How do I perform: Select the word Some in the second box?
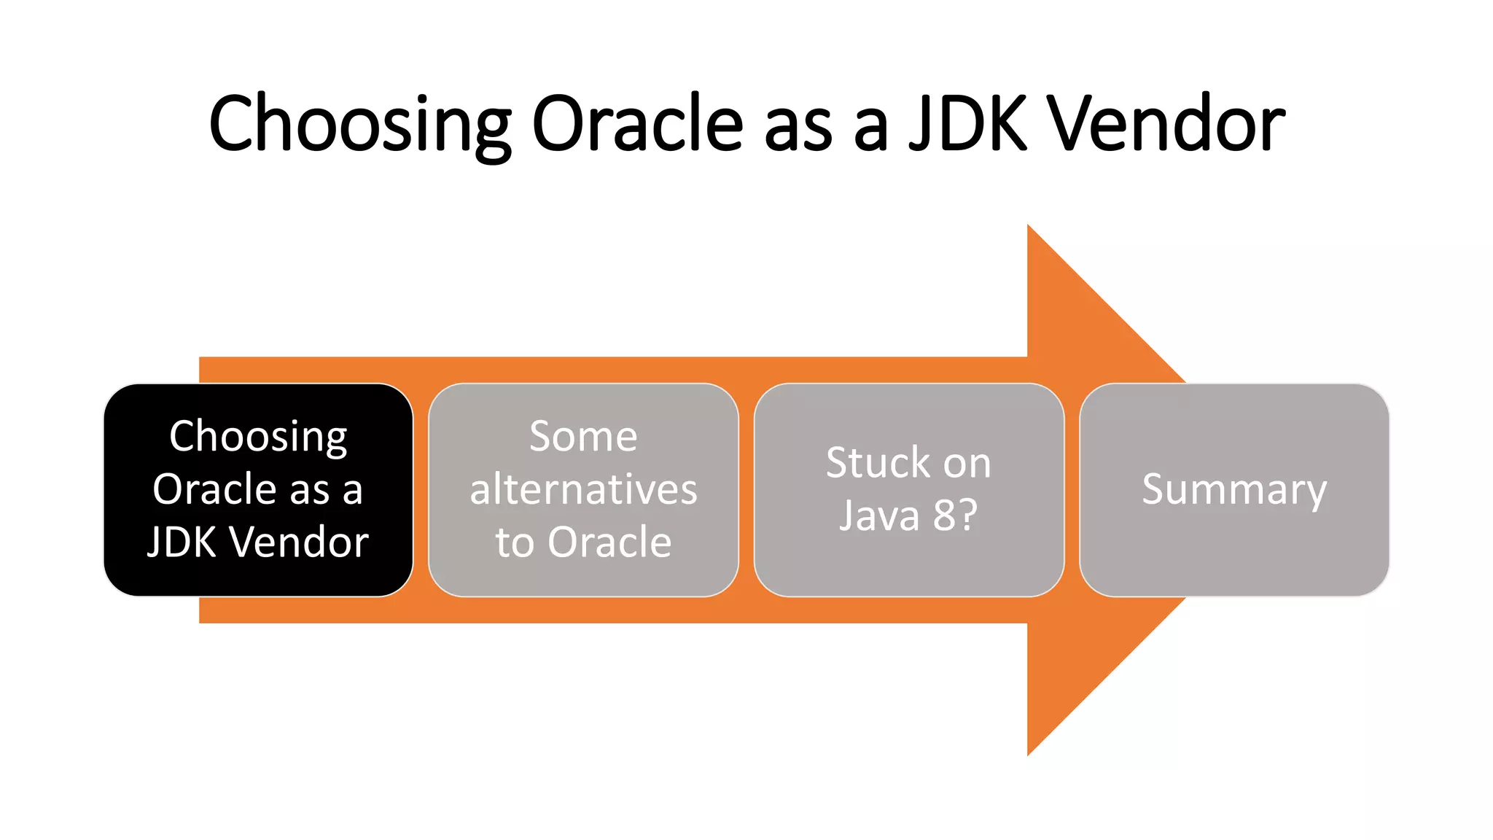583,437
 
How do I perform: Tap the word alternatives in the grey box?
583,489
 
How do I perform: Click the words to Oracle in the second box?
583,542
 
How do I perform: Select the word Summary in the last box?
1233,489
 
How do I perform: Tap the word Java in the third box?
879,516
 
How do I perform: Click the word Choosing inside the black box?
258,437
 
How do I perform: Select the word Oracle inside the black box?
214,489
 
